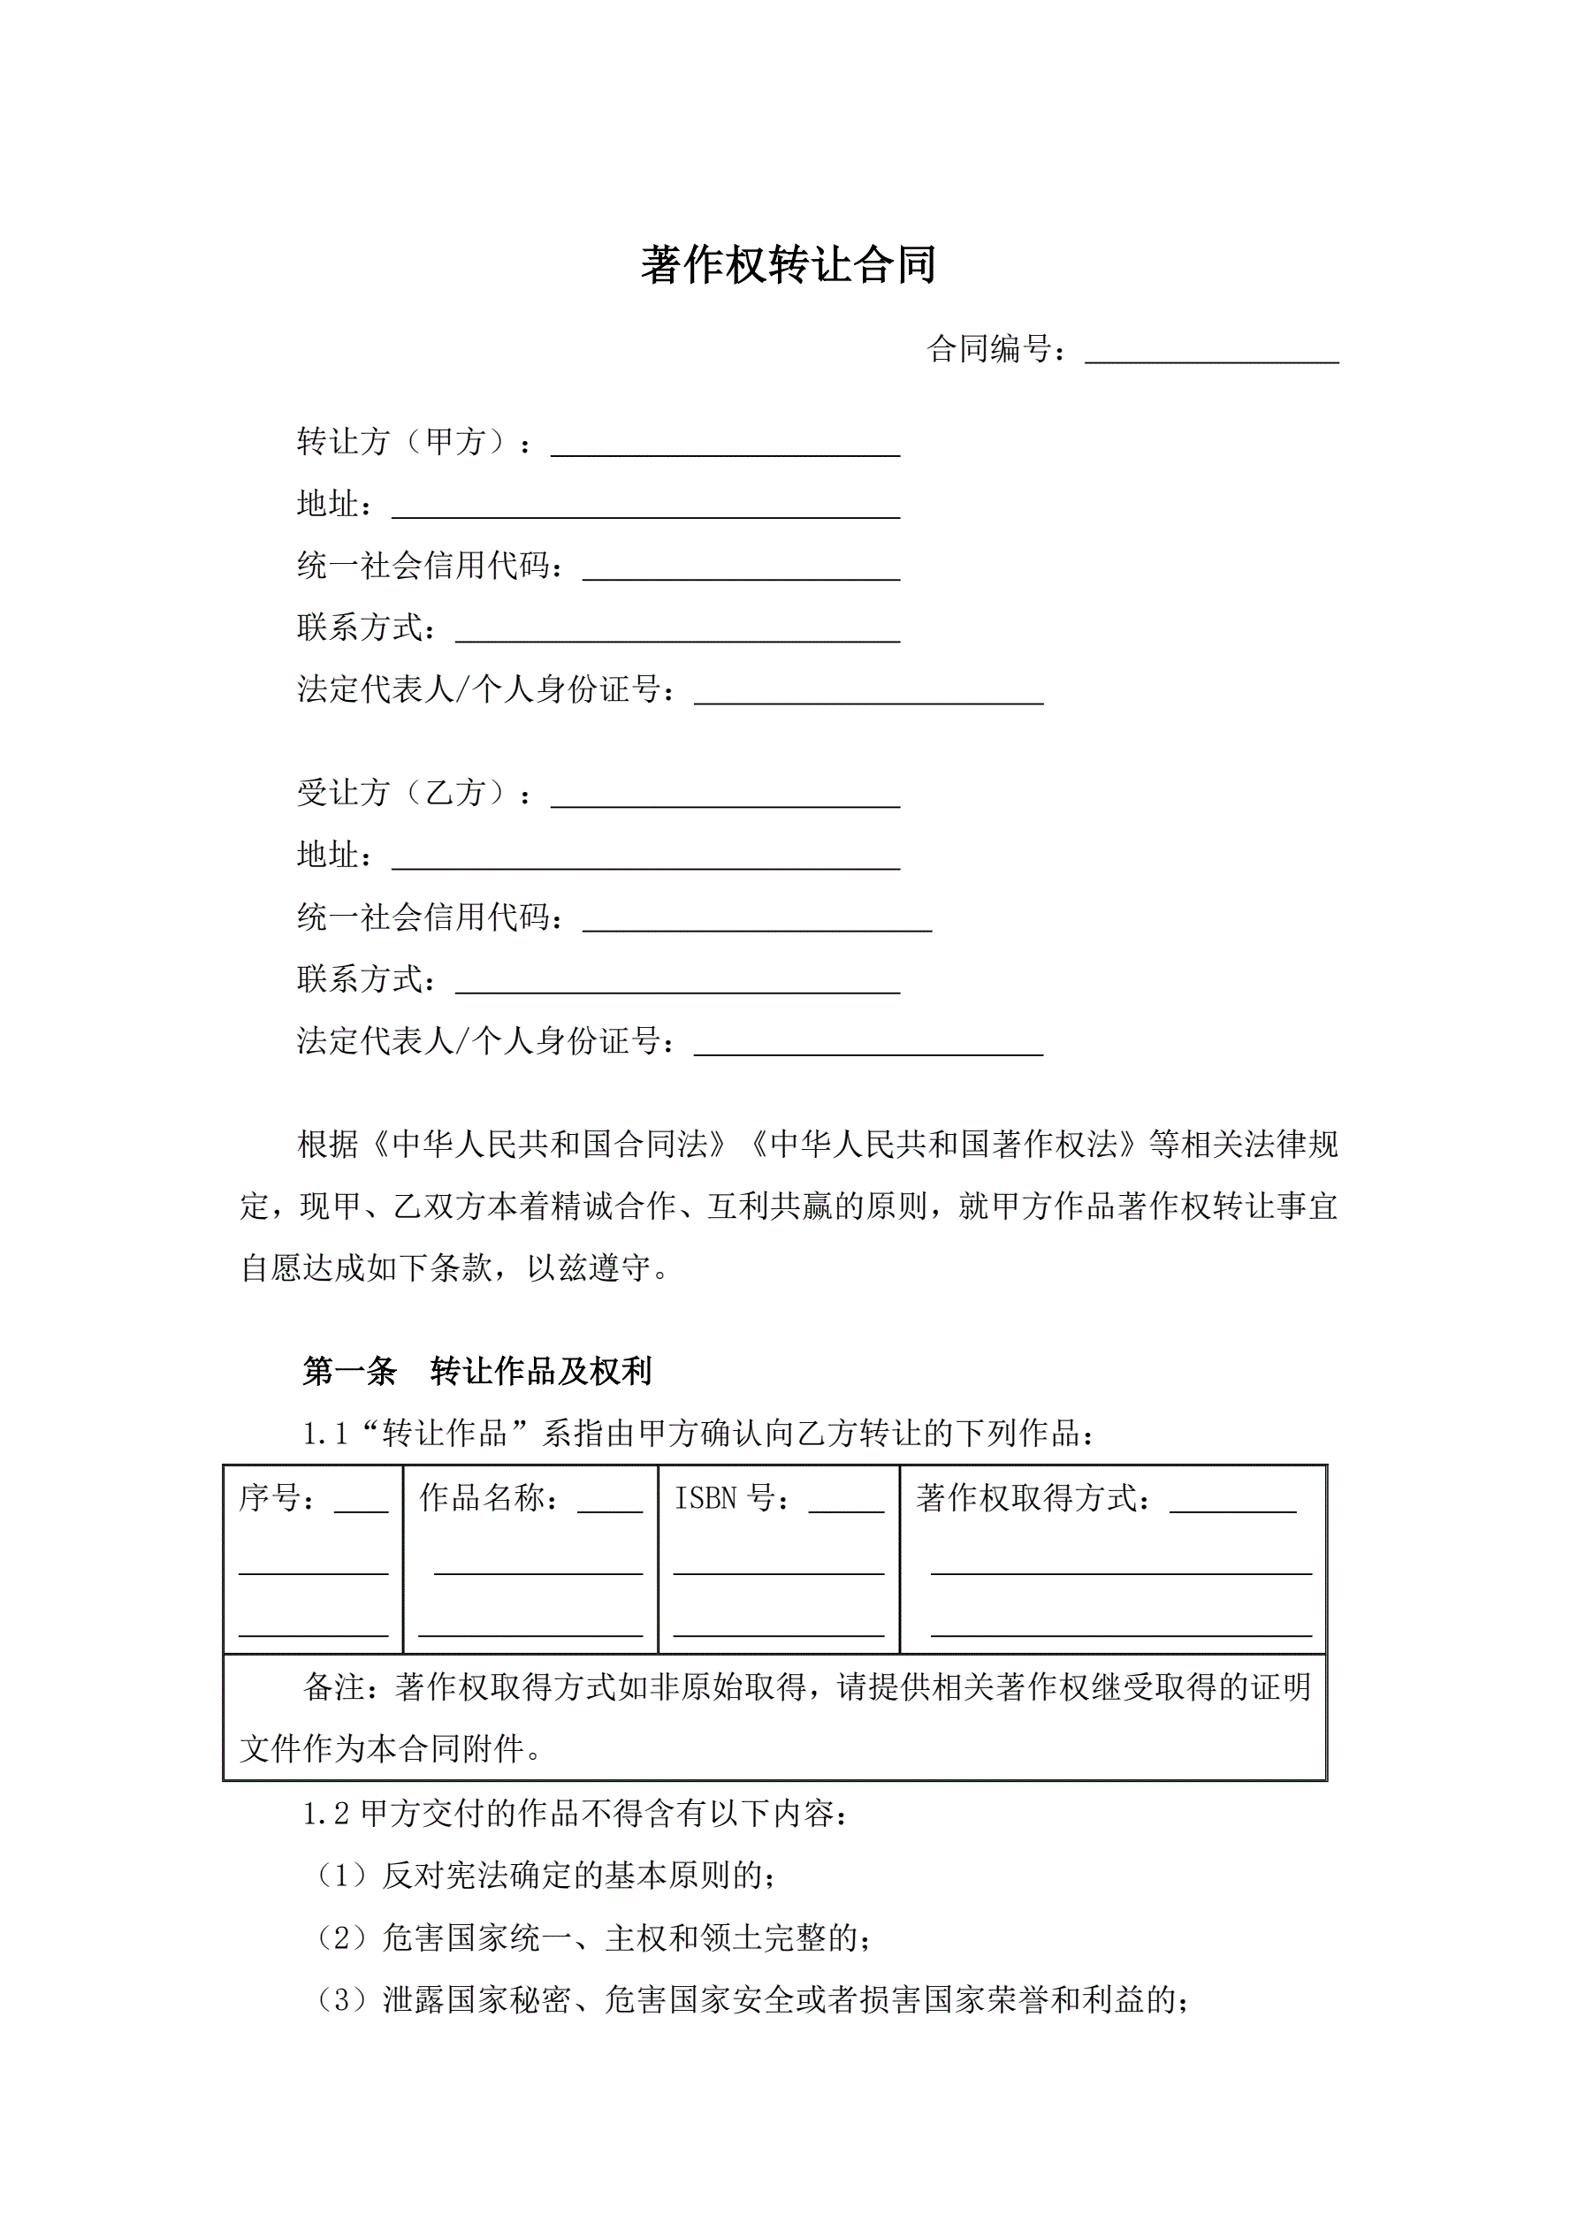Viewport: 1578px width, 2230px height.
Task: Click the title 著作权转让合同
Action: point(788,265)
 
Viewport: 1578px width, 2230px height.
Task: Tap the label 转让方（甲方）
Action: point(401,442)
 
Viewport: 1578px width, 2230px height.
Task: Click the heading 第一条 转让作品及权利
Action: point(476,1371)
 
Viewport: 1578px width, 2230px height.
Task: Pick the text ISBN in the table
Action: point(705,1499)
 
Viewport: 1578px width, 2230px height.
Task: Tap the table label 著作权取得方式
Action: point(1025,1499)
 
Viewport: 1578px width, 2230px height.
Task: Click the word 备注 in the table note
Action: point(334,1687)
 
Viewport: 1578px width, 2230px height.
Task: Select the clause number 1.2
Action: point(325,1814)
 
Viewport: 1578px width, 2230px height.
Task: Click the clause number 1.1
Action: point(325,1434)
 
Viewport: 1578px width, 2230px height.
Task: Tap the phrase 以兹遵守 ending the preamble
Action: point(588,1268)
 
